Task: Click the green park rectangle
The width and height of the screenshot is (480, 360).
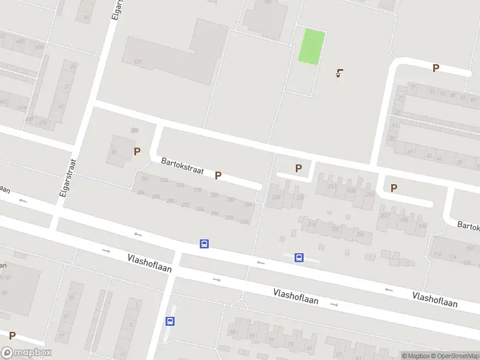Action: [312, 47]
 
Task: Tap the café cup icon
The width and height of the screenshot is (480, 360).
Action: [340, 74]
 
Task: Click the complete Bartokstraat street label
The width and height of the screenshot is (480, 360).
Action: [182, 166]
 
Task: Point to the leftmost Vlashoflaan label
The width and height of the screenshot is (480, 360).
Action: [149, 263]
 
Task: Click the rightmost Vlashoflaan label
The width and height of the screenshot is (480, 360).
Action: [435, 299]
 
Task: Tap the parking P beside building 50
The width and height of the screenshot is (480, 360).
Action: [137, 152]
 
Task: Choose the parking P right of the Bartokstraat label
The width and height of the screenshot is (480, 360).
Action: [218, 176]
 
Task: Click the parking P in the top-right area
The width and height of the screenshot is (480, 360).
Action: [436, 68]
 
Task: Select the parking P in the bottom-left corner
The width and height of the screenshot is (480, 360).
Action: [12, 336]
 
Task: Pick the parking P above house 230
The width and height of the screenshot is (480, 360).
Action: [298, 169]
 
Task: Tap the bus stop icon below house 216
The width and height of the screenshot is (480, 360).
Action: [299, 258]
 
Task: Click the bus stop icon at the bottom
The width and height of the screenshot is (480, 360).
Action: [170, 321]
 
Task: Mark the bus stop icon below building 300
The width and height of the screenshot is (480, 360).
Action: [204, 244]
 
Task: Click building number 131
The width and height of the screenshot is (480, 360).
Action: [138, 62]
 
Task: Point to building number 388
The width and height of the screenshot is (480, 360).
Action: [134, 130]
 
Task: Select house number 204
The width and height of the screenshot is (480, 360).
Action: [370, 194]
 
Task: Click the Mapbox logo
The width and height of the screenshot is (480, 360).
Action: [26, 353]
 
